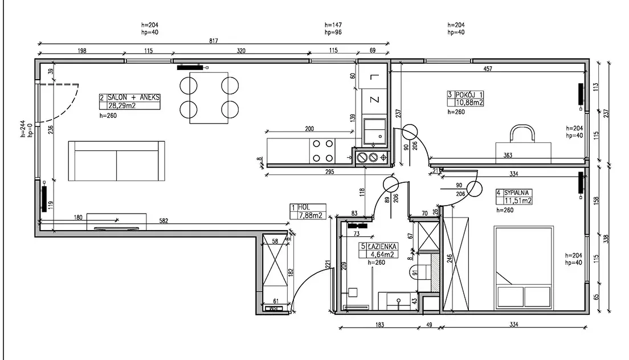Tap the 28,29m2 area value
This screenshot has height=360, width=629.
tap(122, 106)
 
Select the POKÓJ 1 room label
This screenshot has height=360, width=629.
tap(469, 95)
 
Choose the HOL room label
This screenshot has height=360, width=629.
tap(304, 208)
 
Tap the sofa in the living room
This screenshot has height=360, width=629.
tap(116, 161)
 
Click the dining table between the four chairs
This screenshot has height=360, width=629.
tap(209, 98)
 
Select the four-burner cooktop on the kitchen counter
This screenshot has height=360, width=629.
tap(323, 151)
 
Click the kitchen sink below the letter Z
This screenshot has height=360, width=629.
tap(375, 132)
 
